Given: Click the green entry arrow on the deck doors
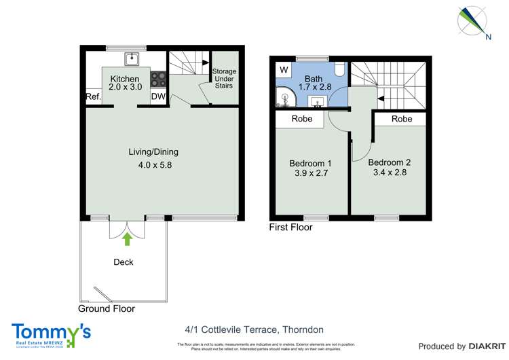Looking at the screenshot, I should point(126,238).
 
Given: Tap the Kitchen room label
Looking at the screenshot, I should point(125,79).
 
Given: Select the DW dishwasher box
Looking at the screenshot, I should point(158,97).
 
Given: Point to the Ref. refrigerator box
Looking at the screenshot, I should point(93,97).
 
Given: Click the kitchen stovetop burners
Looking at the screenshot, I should point(158,79).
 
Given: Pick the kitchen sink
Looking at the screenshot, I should point(134,58).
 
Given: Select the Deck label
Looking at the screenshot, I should point(124,262).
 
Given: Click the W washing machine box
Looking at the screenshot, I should point(283,70).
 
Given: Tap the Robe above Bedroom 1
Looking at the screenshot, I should point(301,119).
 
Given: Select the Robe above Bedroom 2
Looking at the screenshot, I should point(402,119).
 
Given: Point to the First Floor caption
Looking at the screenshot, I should point(290,228).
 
